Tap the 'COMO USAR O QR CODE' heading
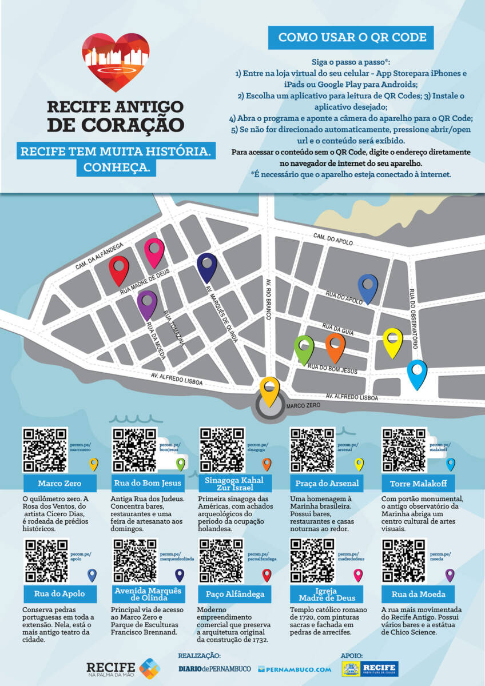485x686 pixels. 352,38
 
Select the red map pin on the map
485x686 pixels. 119,269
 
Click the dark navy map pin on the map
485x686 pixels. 206,267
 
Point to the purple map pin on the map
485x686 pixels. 147,303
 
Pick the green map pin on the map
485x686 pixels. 304,349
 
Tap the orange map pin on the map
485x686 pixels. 335,346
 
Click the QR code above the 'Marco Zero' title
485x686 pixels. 45,449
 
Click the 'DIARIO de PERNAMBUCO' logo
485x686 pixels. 214,669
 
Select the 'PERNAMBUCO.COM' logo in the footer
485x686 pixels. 295,669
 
